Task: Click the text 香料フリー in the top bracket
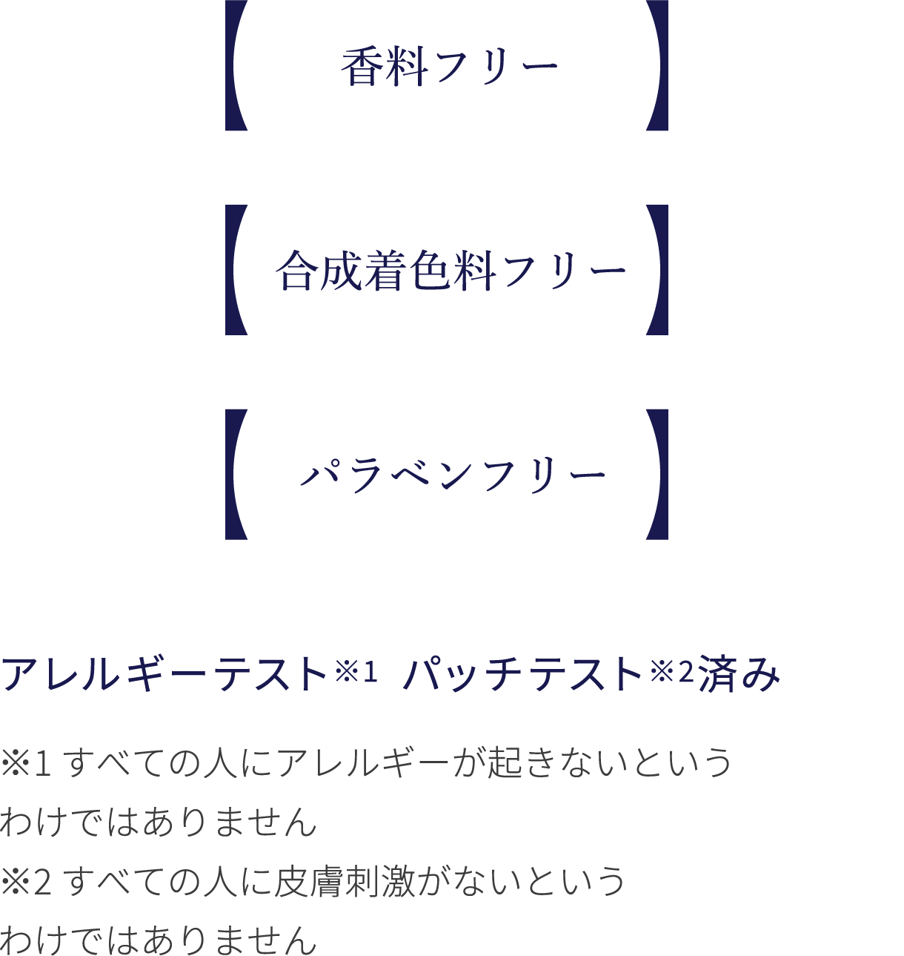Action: (449, 66)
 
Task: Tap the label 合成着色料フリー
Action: (451, 271)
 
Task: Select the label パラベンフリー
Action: (453, 475)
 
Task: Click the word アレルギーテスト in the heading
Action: (164, 674)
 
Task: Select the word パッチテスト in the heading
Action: (523, 674)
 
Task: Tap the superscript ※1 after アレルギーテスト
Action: (356, 672)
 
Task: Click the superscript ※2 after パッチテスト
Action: (671, 672)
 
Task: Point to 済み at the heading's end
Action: (739, 674)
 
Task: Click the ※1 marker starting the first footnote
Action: (26, 763)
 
